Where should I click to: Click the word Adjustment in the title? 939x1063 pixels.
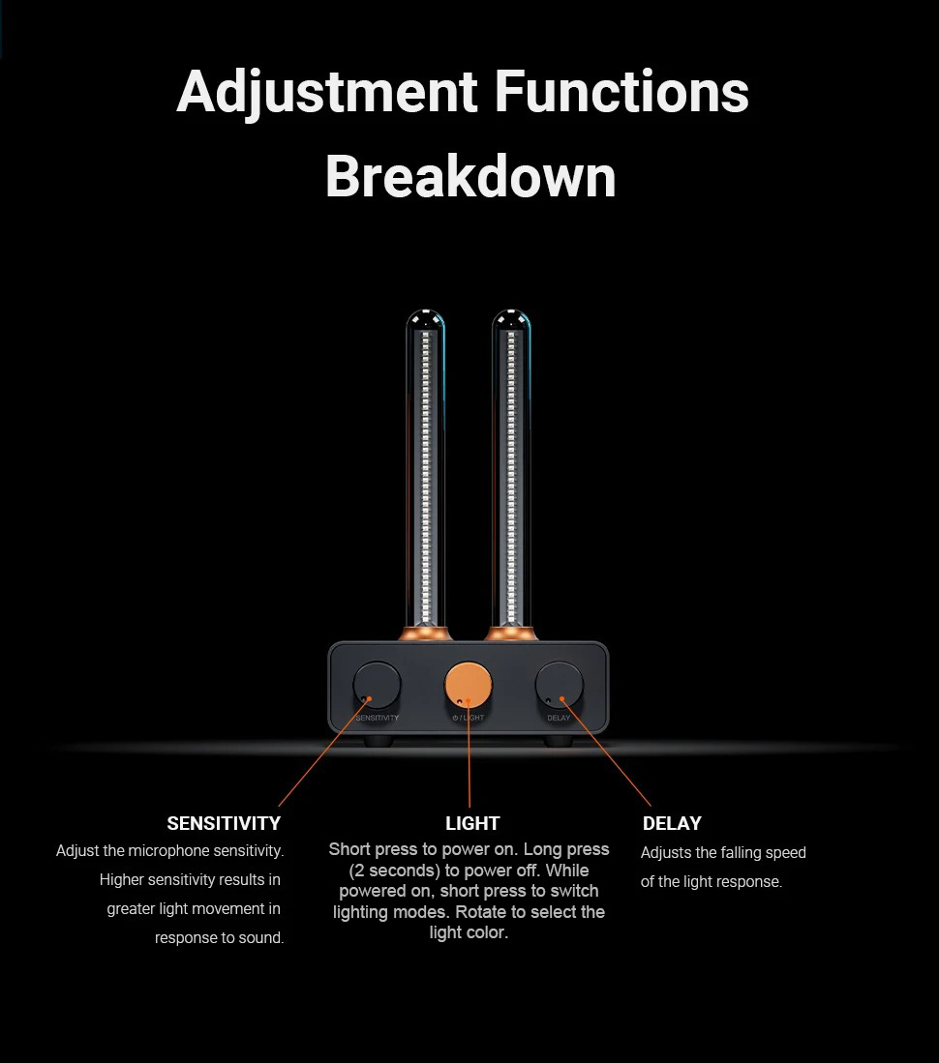[327, 94]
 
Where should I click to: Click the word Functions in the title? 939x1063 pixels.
[621, 94]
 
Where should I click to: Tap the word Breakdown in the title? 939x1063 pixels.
[470, 176]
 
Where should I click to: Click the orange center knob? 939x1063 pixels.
[469, 686]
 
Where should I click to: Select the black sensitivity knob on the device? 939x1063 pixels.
[378, 685]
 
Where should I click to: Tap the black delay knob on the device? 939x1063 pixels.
[560, 685]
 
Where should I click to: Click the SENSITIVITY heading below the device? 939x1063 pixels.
[224, 824]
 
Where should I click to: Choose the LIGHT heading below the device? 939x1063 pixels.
[472, 824]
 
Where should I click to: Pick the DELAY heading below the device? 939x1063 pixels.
[672, 824]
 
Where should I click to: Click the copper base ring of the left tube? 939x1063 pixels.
[426, 634]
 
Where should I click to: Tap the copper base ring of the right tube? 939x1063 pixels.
[511, 634]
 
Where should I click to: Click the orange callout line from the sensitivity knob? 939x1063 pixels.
[322, 752]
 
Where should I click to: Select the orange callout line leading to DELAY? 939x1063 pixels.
[607, 752]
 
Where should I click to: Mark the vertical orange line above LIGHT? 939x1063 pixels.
[469, 754]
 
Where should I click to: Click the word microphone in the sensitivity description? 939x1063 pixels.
[169, 851]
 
